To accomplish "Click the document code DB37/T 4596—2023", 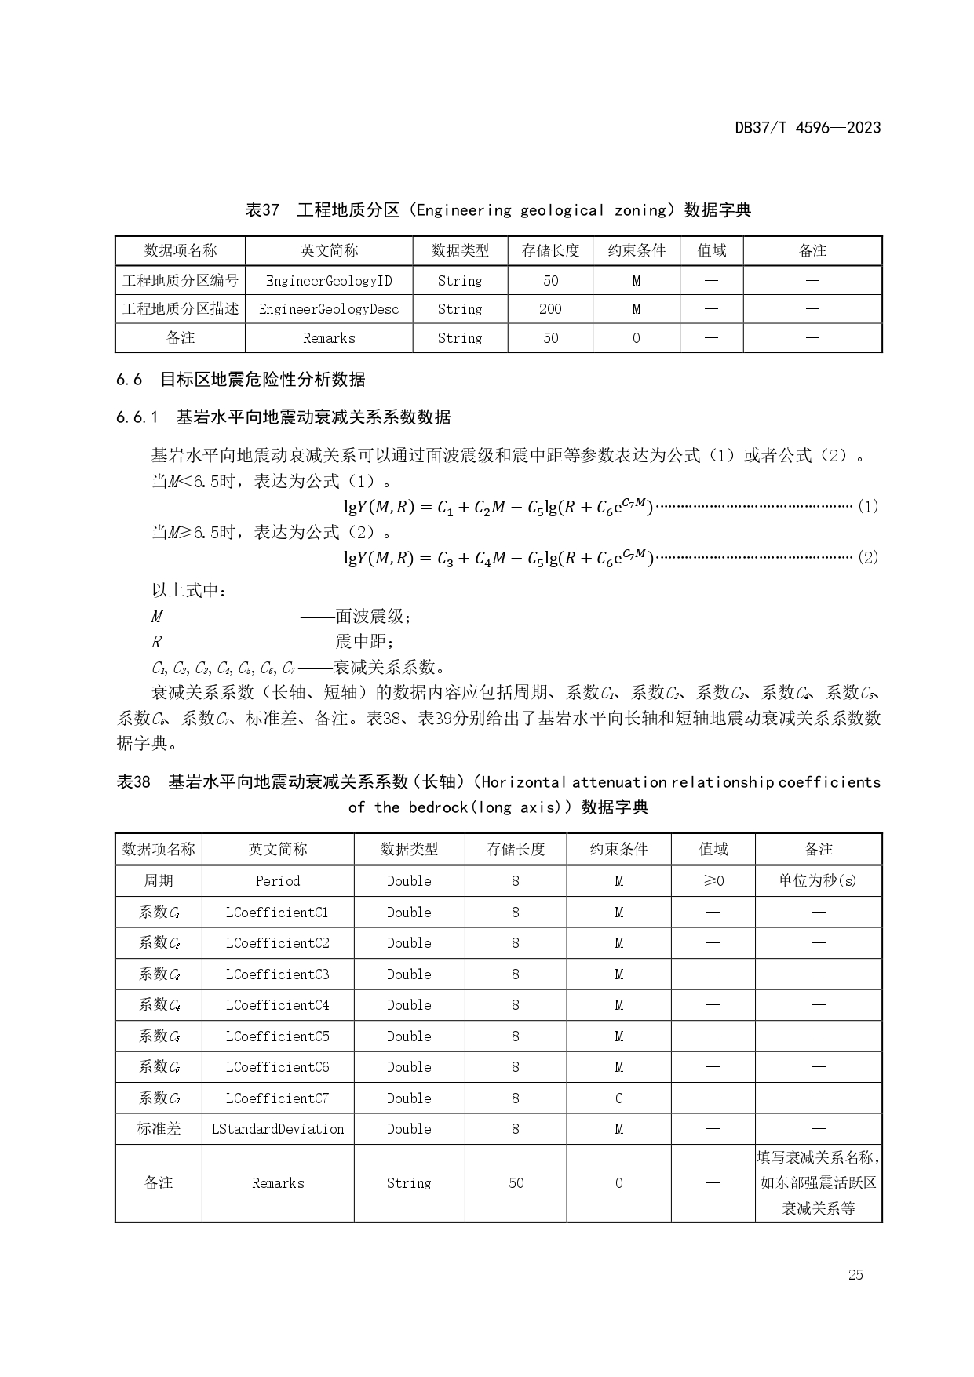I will (x=808, y=128).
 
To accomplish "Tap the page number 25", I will (x=855, y=1274).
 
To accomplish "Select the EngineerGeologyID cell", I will (x=329, y=281).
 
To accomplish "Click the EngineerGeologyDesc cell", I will (x=329, y=309).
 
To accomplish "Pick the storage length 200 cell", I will (x=550, y=309).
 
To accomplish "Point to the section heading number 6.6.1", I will (x=137, y=417).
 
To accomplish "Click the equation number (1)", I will (x=867, y=507).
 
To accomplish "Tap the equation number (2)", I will (x=867, y=558).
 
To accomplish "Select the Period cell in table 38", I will (x=278, y=881).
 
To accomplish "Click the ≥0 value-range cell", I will (x=713, y=881).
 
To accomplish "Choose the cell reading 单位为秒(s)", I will (x=818, y=881).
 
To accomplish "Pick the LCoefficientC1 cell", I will (x=278, y=913).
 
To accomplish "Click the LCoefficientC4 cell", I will (x=278, y=1005).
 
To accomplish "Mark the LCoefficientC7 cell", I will (x=278, y=1098).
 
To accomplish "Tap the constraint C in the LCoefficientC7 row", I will (x=618, y=1098).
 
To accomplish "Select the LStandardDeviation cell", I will (x=278, y=1129).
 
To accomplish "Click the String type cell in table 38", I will (x=409, y=1183).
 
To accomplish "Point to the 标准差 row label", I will (x=159, y=1129).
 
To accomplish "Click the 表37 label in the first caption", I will (x=262, y=210).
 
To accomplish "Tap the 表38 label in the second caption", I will (x=133, y=782).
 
